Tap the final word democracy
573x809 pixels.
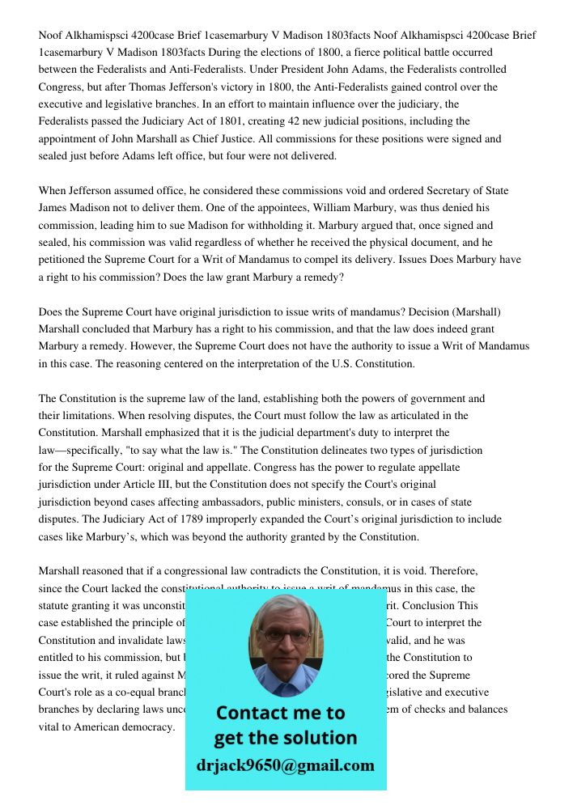click(x=147, y=727)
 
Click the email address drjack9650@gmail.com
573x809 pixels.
click(x=285, y=765)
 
